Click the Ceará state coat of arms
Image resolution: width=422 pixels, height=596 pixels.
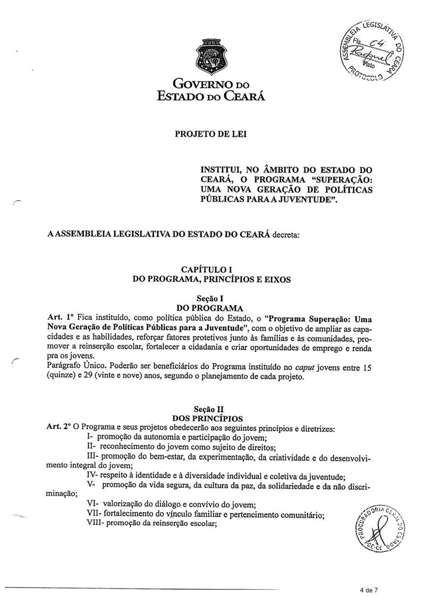pyautogui.click(x=208, y=56)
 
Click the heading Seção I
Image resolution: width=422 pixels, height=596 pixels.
pyautogui.click(x=211, y=299)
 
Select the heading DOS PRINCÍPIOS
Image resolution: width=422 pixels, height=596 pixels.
pyautogui.click(x=211, y=419)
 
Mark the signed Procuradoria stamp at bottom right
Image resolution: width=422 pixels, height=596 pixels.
pyautogui.click(x=378, y=527)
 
